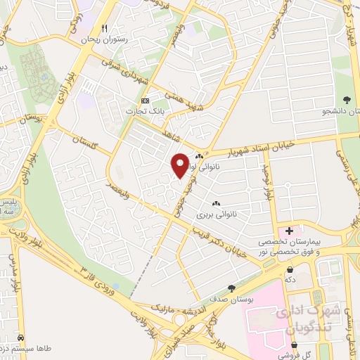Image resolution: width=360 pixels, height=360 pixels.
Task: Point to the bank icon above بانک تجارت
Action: click(x=145, y=101)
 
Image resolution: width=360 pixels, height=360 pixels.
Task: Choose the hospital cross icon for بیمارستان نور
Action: click(x=289, y=231)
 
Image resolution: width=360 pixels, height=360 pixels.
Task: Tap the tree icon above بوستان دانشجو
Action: click(x=347, y=100)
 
